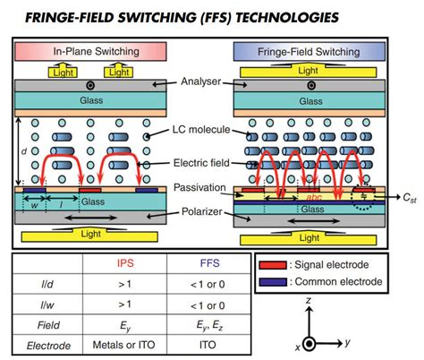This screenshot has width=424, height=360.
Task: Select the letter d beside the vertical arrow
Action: (23, 152)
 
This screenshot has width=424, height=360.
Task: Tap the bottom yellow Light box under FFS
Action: (308, 237)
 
